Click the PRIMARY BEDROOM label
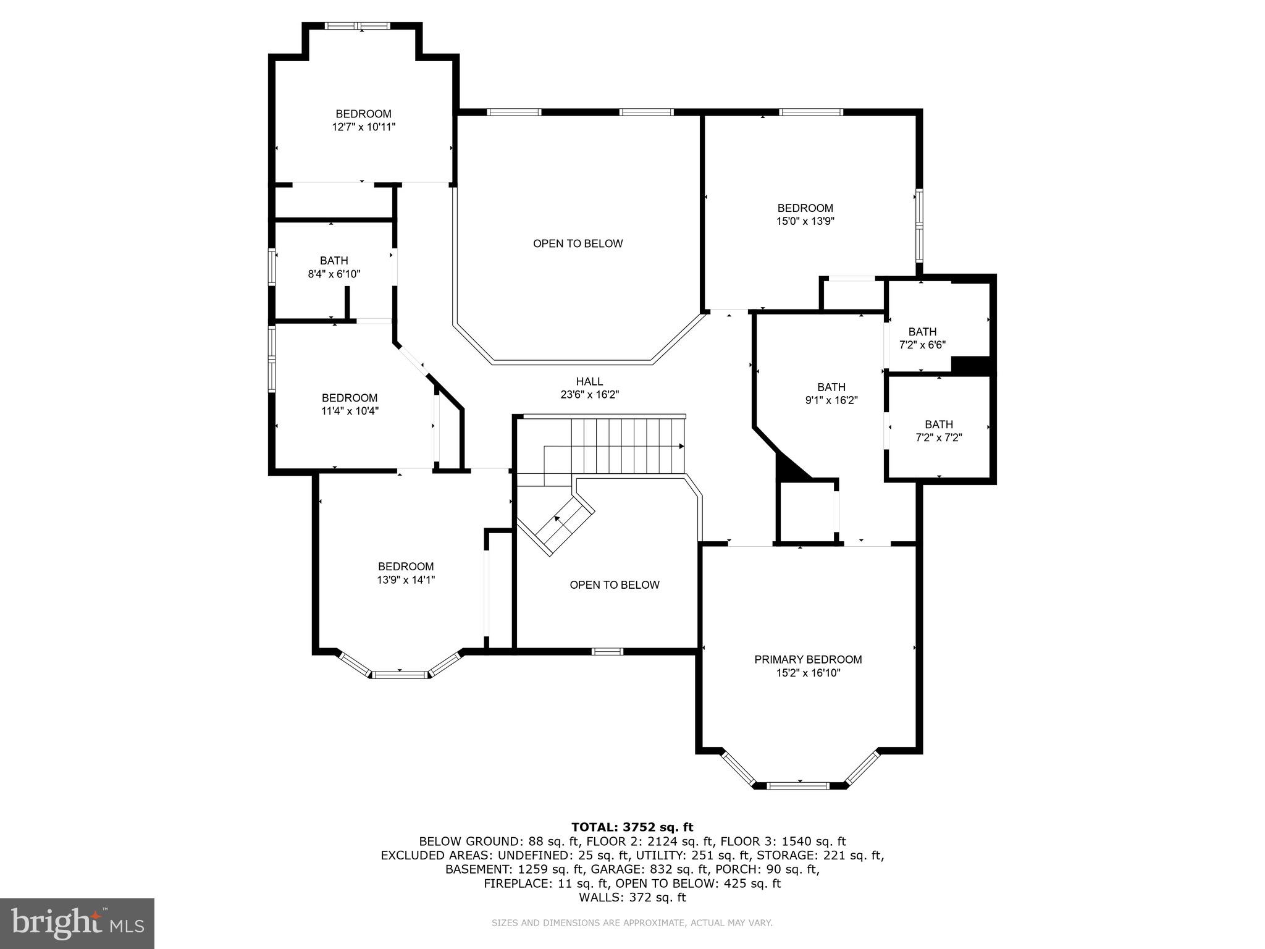click(808, 659)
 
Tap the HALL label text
click(589, 381)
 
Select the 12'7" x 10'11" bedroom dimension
click(363, 127)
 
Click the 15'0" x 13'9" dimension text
click(805, 221)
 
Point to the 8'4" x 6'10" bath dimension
click(334, 274)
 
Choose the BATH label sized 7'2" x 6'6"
click(922, 332)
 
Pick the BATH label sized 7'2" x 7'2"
click(938, 424)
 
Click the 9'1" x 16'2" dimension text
click(831, 400)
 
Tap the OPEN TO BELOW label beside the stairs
click(615, 584)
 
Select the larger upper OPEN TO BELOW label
click(578, 243)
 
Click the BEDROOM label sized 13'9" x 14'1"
click(406, 567)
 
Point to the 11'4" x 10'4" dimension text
click(350, 411)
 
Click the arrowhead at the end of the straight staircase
click(681, 446)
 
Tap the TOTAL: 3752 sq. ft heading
click(632, 827)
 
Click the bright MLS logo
click(77, 923)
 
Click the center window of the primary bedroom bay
click(797, 786)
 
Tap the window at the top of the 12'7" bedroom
click(358, 26)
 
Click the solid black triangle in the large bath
click(791, 468)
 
